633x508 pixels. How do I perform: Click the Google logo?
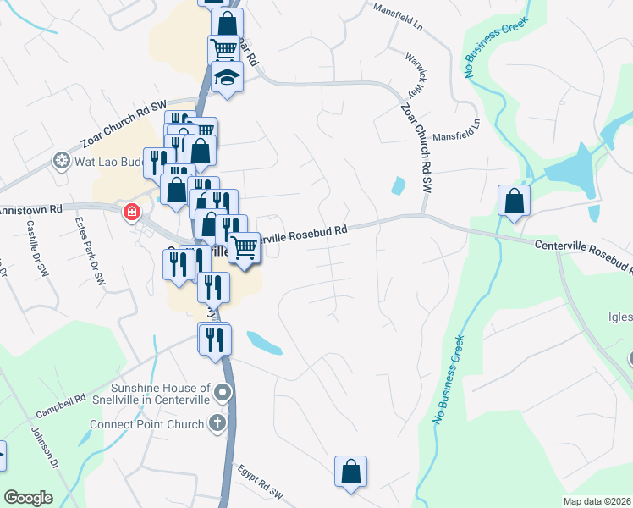coord(28,498)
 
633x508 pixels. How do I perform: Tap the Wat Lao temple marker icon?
coord(62,160)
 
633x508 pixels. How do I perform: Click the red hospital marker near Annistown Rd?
coord(131,212)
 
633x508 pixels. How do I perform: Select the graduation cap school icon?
coord(226,78)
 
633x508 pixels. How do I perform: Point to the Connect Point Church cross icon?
coord(218,423)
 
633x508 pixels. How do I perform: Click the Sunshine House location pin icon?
coord(223,392)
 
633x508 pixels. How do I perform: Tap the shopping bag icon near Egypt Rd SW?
coord(350,472)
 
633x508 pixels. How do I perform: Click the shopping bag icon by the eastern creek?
coord(514,201)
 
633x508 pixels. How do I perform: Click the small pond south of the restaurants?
coord(264,342)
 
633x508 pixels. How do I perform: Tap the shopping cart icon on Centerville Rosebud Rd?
coord(244,248)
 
